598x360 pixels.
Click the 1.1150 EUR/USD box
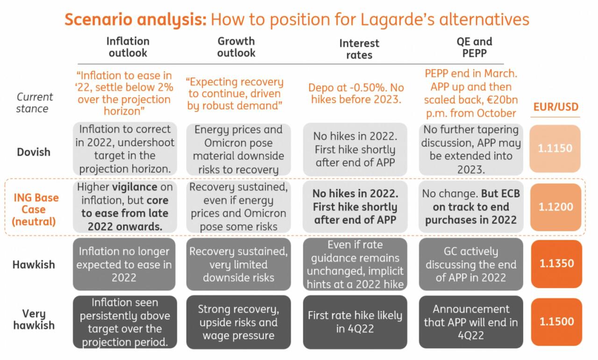click(555, 149)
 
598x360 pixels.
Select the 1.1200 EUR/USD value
click(555, 207)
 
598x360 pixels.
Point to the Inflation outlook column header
click(128, 47)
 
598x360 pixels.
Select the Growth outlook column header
click(236, 47)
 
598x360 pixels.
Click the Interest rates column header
click(359, 49)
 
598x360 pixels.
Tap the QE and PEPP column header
click(474, 47)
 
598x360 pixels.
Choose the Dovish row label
click(34, 152)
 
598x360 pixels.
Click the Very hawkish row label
click(34, 319)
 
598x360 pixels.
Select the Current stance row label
click(35, 103)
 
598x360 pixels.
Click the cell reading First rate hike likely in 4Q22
click(355, 322)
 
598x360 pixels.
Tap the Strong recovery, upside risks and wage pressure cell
click(238, 322)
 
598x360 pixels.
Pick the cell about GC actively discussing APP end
click(471, 264)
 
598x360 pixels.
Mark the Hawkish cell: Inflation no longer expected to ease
click(124, 264)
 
